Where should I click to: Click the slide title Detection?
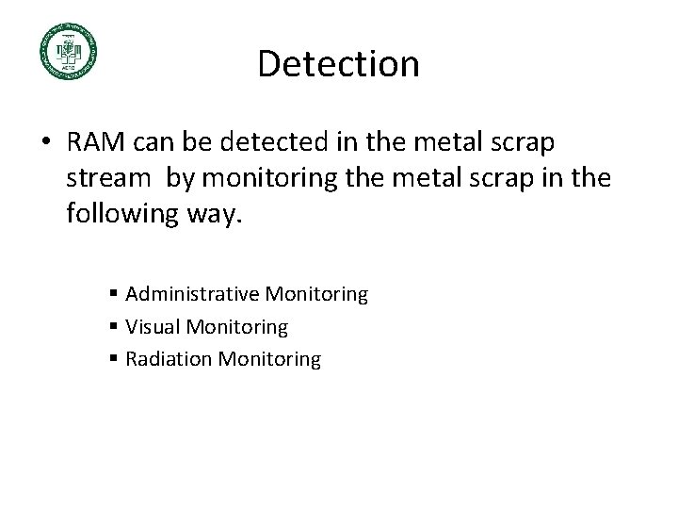338,64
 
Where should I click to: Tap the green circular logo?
68,52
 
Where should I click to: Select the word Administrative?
192,295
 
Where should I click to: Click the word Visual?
151,327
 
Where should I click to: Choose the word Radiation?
166,359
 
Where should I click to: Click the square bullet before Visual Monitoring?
113,328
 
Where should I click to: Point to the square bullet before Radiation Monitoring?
113,360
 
